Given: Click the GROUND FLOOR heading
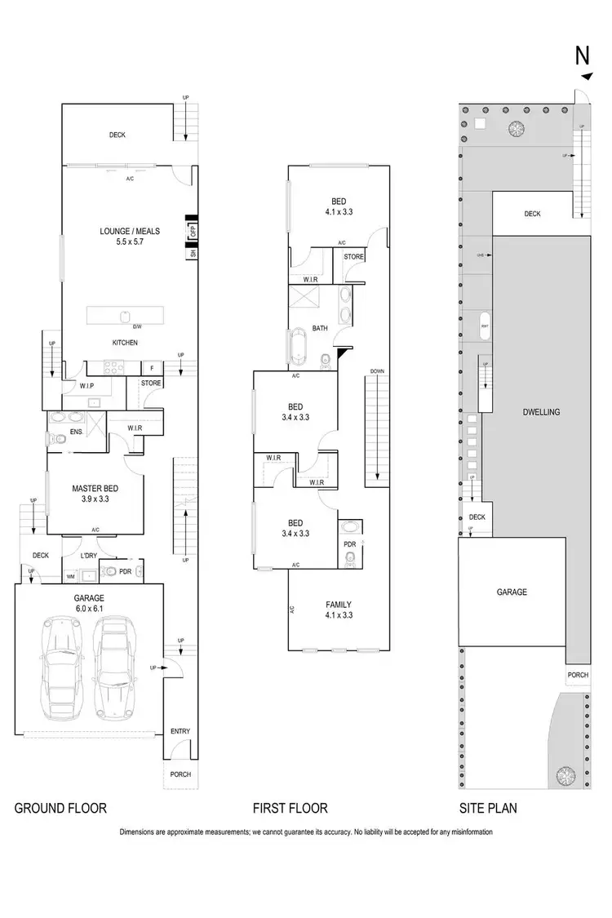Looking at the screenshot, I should click(60, 809).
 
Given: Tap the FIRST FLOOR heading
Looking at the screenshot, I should click(290, 809).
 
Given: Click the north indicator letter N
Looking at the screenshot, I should click(583, 55).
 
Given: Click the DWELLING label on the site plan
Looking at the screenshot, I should click(541, 412).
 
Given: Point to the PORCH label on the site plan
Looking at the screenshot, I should click(578, 675).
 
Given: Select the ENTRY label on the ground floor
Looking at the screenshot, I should click(180, 731).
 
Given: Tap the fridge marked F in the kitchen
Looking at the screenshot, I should click(152, 367).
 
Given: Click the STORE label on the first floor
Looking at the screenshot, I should click(353, 257).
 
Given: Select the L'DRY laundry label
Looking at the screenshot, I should click(89, 556).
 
